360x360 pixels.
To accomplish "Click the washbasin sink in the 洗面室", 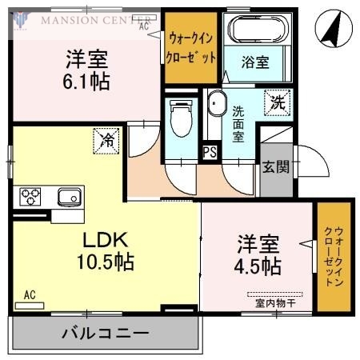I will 216,104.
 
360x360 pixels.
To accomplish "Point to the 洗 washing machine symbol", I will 277,102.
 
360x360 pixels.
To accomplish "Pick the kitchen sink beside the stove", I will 68,195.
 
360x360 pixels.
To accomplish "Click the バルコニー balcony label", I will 105,331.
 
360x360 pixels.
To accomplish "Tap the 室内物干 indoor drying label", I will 275,302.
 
